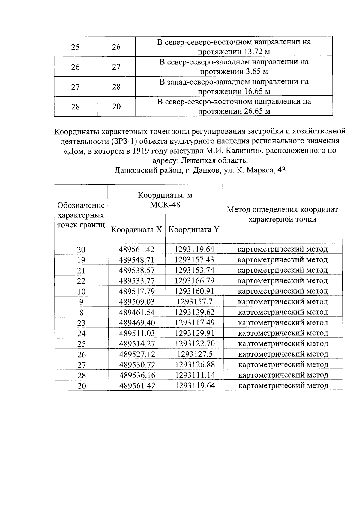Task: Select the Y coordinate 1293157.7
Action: pos(194,302)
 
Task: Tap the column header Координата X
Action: pos(136,230)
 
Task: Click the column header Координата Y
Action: pos(194,230)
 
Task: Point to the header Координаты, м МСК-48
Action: pos(165,200)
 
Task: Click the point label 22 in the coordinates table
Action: pos(81,281)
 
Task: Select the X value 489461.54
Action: pos(137,312)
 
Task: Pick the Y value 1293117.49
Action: pos(194,323)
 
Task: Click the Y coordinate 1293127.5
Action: pos(195,354)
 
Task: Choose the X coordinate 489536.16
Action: pos(137,375)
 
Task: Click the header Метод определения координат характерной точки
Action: pos(282,214)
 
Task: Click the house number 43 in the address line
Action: pos(282,170)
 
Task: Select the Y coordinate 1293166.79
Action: pos(194,281)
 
